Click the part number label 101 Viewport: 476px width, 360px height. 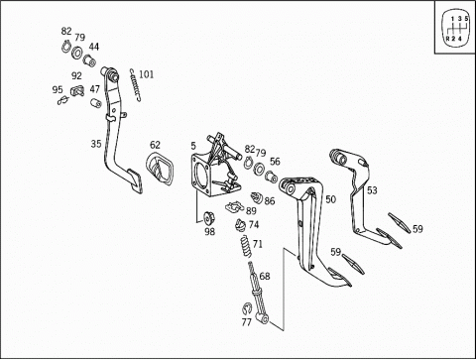[x=146, y=74]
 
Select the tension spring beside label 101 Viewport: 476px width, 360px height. [x=136, y=84]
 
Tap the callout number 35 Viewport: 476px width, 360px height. [x=96, y=144]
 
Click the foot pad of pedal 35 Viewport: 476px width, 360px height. [x=135, y=180]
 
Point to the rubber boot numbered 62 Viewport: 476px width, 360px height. [x=160, y=170]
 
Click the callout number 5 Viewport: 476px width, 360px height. [x=193, y=146]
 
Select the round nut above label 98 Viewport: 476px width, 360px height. [x=209, y=217]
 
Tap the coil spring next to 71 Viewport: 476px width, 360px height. [x=246, y=246]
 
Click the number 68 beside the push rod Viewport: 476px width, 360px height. [x=265, y=276]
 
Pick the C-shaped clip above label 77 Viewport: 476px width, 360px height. [x=246, y=308]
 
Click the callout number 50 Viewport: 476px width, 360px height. [x=330, y=199]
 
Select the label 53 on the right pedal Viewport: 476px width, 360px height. [x=372, y=190]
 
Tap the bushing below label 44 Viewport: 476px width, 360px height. [x=89, y=60]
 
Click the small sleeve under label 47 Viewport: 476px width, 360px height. [x=96, y=103]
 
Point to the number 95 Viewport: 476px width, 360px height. [x=58, y=89]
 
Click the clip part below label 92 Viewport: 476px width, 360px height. [x=77, y=90]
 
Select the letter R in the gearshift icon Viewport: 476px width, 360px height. [x=447, y=39]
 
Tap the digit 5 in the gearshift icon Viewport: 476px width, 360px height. [x=466, y=19]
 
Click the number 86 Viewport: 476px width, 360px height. [x=270, y=200]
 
